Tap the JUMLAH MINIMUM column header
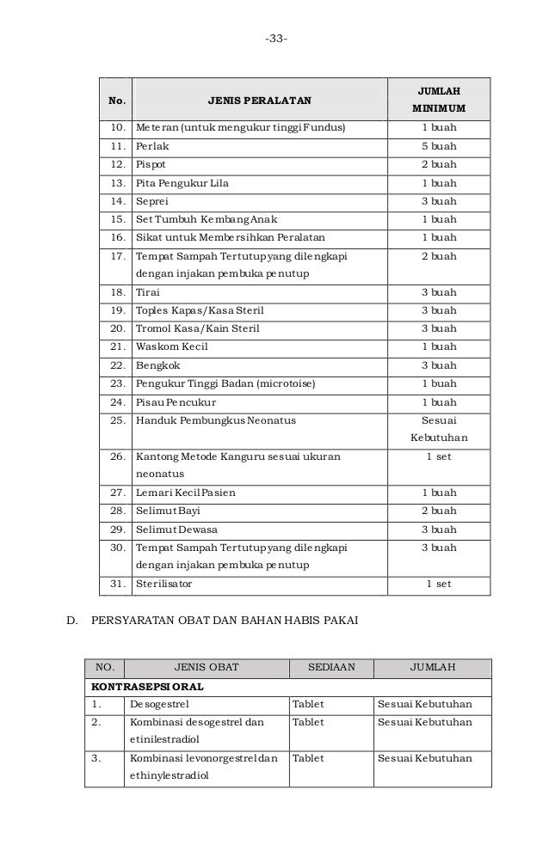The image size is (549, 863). pos(438,100)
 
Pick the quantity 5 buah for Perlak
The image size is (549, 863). pos(438,146)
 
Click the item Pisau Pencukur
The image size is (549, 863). pos(176,402)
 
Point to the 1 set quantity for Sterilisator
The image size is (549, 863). pos(438,585)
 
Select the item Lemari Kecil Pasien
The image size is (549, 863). pos(185,493)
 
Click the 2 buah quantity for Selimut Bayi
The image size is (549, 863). pos(438,511)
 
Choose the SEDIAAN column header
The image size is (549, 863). pos(330,667)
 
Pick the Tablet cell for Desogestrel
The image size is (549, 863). pos(309,706)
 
